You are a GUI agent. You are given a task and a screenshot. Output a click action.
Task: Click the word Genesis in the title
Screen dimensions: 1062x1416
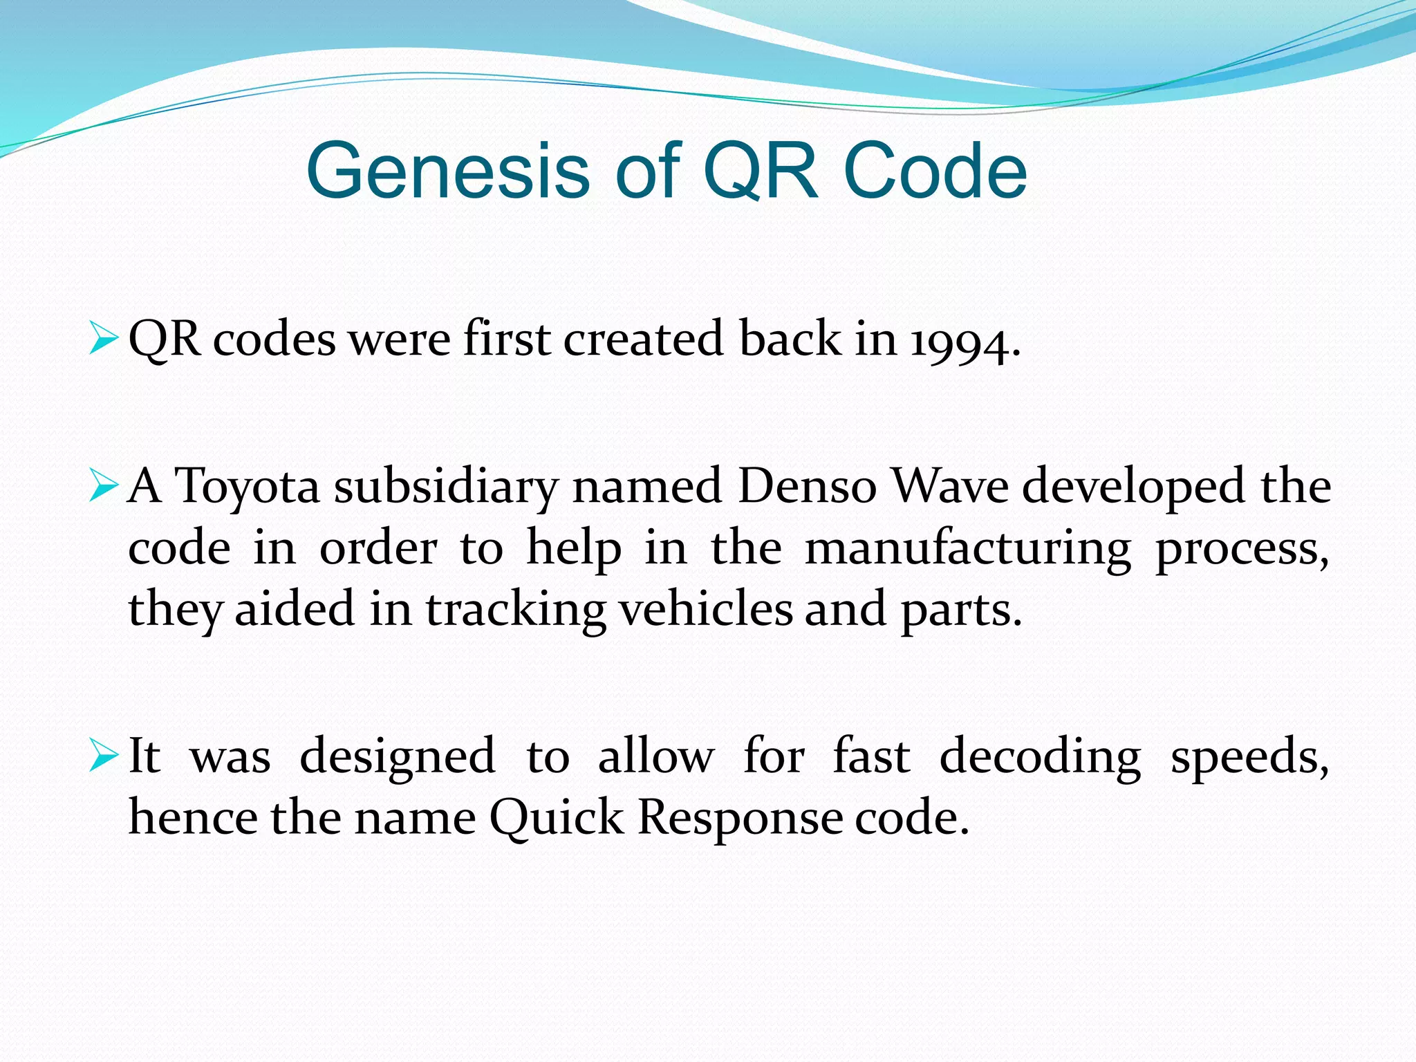[447, 171]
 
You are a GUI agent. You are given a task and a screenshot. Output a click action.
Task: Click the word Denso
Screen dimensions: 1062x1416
[807, 485]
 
